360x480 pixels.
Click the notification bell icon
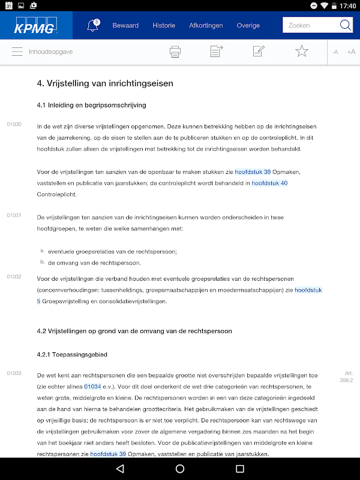(x=92, y=26)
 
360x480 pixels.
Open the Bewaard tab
(x=125, y=26)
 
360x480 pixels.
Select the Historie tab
(x=164, y=26)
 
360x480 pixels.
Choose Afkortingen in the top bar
(x=206, y=26)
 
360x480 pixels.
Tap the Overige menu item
(x=248, y=26)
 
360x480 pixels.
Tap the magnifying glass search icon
(x=346, y=25)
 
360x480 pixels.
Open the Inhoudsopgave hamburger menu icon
(x=17, y=52)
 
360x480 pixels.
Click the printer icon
(x=175, y=52)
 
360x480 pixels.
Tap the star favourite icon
(x=301, y=52)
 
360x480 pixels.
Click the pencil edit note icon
(x=259, y=52)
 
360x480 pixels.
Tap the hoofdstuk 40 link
(x=269, y=183)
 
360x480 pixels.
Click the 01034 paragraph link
(x=92, y=386)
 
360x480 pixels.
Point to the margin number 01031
(x=14, y=215)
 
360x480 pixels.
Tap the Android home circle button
(x=180, y=468)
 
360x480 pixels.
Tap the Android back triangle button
(x=120, y=468)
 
